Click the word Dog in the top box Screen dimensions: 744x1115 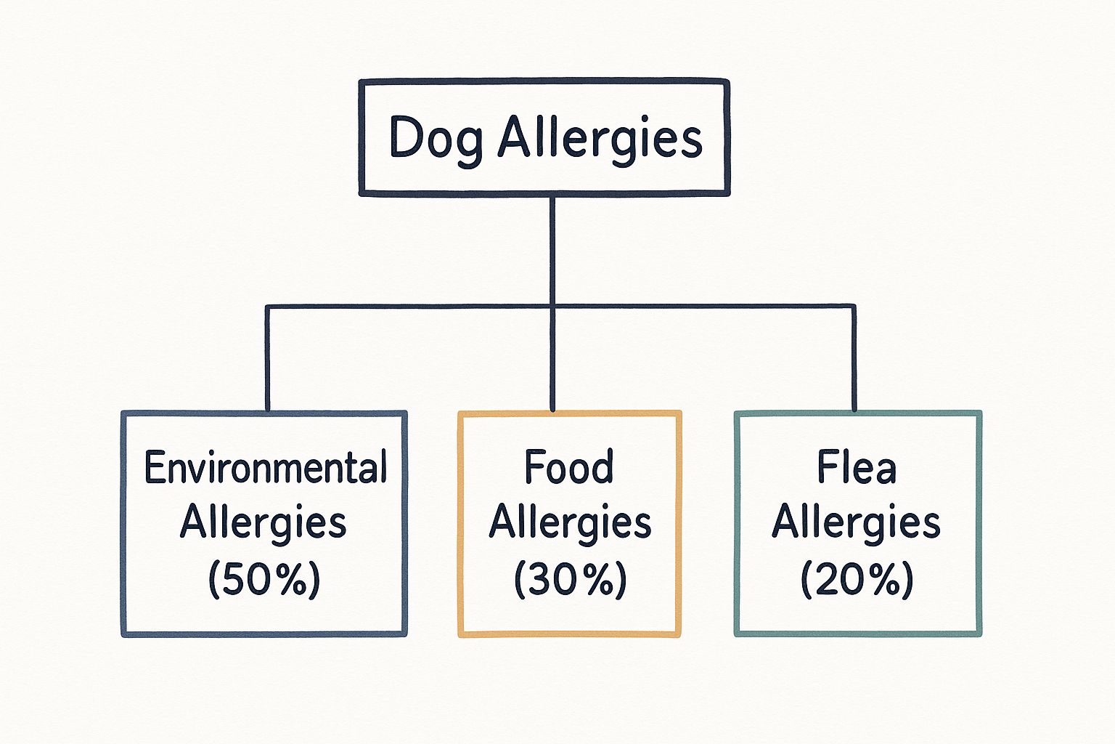[x=435, y=138]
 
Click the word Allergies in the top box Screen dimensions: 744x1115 [x=600, y=138]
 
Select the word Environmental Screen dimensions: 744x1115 [x=265, y=467]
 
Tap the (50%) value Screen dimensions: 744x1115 [x=264, y=580]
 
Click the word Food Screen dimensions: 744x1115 [x=568, y=467]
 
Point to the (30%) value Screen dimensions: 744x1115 [x=570, y=580]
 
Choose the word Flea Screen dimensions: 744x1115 [x=857, y=467]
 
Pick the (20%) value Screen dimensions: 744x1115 [x=857, y=580]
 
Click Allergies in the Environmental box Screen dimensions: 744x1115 [x=263, y=523]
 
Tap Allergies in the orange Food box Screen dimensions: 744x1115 [x=570, y=523]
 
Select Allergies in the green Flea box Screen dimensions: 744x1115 [x=856, y=523]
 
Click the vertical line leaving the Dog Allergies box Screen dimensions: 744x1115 [x=552, y=247]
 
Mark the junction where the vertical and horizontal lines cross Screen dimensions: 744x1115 [x=552, y=306]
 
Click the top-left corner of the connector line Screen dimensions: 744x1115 [x=267, y=307]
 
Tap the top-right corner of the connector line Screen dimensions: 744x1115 [x=854, y=307]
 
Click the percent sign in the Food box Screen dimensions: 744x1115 [x=600, y=580]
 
